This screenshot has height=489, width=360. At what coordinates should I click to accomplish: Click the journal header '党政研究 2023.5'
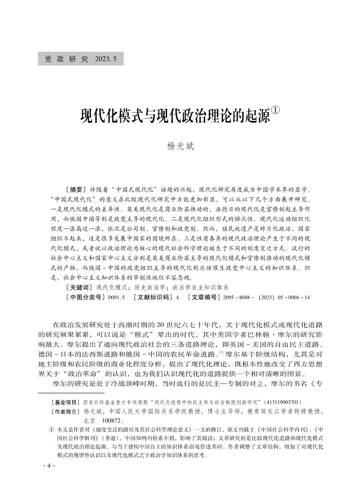click(81, 59)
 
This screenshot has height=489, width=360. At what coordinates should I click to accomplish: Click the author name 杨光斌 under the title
click(180, 146)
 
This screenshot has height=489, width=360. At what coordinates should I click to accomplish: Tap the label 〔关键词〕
click(79, 287)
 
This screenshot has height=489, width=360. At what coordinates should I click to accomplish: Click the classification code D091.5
click(116, 297)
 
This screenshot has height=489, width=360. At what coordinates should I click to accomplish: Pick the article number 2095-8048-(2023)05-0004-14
click(265, 297)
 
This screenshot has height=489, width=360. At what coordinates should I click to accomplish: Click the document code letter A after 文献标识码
click(178, 297)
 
